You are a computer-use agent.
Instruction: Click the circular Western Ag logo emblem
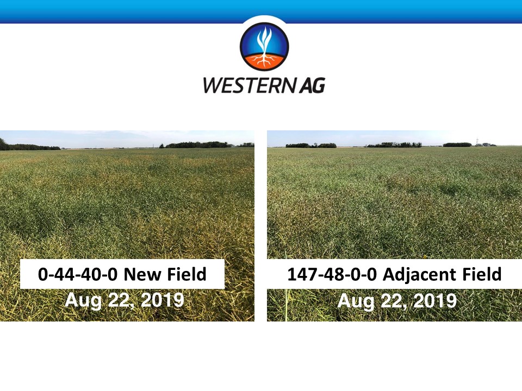pyautogui.click(x=264, y=46)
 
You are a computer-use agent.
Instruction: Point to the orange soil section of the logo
pyautogui.click(x=264, y=61)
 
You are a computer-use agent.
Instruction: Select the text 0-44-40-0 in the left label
pyautogui.click(x=78, y=274)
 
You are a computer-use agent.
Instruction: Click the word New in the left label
pyautogui.click(x=143, y=274)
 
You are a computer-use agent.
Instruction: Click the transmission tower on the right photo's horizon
pyautogui.click(x=477, y=142)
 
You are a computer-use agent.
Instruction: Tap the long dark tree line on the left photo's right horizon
pyautogui.click(x=198, y=144)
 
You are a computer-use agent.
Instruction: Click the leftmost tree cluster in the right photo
pyautogui.click(x=311, y=145)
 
